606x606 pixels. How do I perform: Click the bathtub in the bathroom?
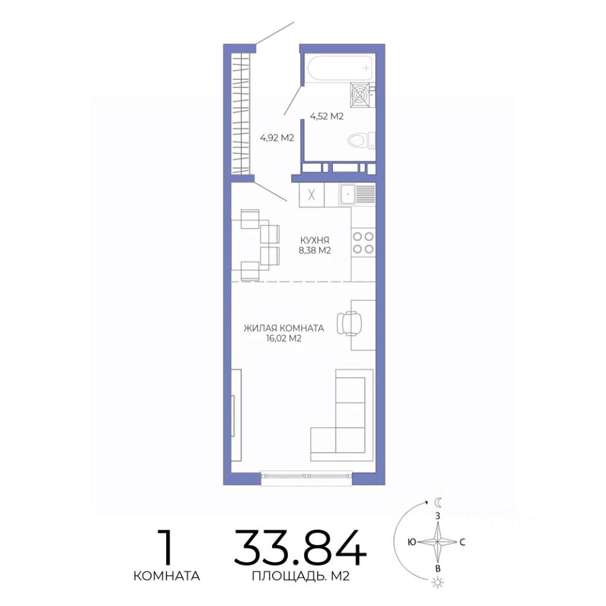(340, 68)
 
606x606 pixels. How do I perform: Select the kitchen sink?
(357, 195)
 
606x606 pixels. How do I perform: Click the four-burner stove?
(364, 242)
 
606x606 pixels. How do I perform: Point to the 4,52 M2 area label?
(326, 116)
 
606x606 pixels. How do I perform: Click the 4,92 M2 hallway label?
(277, 138)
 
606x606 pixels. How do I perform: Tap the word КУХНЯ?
(314, 240)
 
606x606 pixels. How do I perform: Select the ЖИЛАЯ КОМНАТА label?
(283, 328)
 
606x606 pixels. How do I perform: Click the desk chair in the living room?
(350, 323)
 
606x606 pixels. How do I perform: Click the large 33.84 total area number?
(300, 547)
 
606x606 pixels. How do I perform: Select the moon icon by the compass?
(438, 502)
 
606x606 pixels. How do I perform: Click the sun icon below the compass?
(438, 581)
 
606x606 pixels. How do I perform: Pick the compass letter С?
(462, 542)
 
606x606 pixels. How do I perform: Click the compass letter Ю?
(412, 542)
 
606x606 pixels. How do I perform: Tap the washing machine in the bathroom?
(360, 95)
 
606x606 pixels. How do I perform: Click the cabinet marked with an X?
(311, 195)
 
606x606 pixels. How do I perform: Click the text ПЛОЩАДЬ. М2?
(300, 576)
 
